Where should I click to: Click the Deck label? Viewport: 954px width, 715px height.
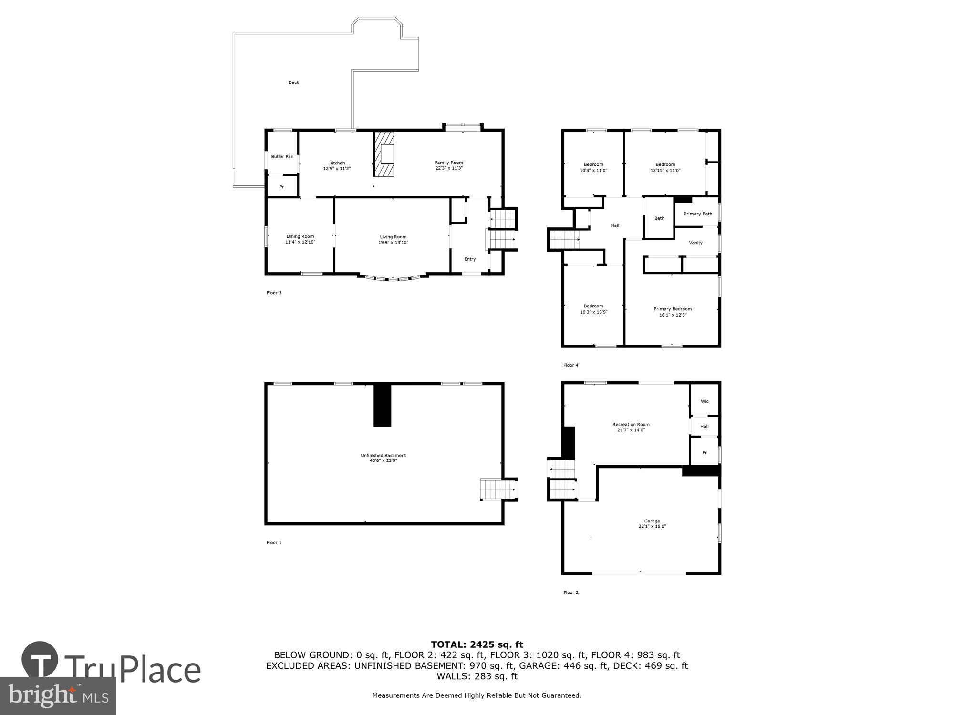tap(293, 82)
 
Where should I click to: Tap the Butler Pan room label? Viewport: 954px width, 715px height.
tap(282, 157)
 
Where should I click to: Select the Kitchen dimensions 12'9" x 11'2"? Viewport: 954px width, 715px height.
tap(337, 169)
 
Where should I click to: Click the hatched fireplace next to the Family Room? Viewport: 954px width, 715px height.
tap(384, 154)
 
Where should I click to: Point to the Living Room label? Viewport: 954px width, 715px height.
tap(393, 237)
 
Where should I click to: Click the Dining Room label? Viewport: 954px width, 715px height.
tap(300, 236)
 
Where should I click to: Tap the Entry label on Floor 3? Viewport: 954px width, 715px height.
tap(470, 259)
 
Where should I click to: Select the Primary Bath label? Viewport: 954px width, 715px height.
tap(698, 214)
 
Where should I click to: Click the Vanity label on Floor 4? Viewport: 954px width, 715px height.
tap(695, 243)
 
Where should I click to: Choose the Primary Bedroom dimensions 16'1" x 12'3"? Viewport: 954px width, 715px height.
tap(673, 315)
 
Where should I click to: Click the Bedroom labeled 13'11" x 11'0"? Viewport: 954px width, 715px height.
tap(665, 167)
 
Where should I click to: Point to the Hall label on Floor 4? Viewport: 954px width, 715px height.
tap(615, 225)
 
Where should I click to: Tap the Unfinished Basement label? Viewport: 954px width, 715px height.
tap(383, 456)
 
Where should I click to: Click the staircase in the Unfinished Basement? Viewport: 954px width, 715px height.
tap(498, 490)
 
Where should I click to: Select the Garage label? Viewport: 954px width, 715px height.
tap(652, 521)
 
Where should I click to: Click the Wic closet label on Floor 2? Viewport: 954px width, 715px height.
tap(705, 401)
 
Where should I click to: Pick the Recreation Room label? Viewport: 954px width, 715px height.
tap(631, 424)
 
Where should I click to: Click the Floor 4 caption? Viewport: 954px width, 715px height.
tap(570, 365)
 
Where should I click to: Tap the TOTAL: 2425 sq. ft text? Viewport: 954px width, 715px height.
tap(477, 645)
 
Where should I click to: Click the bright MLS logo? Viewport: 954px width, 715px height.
tap(58, 695)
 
